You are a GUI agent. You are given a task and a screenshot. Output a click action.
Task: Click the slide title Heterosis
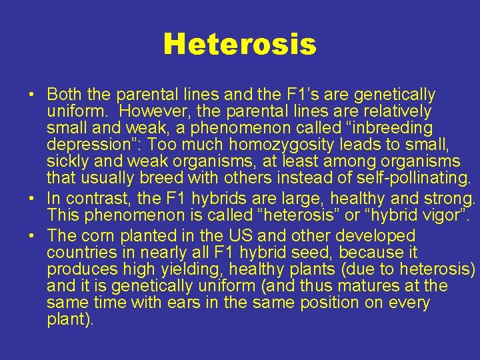click(x=239, y=45)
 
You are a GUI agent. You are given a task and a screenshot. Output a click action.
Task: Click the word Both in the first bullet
click(x=63, y=95)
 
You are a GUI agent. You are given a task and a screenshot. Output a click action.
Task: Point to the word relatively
click(x=398, y=111)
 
